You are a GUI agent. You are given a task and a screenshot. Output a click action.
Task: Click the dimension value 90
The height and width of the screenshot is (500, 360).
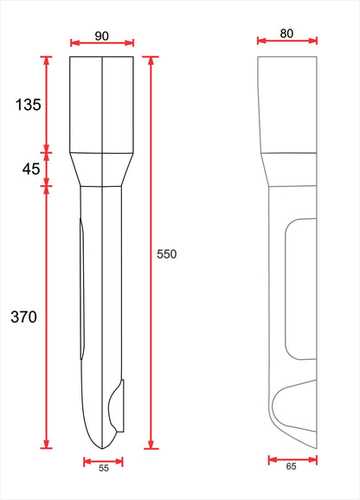101,35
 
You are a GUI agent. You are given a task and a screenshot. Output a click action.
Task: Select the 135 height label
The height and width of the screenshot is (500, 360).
29,105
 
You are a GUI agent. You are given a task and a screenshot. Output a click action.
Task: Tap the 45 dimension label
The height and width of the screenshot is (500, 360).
30,169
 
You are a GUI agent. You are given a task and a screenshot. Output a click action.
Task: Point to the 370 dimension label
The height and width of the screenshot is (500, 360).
23,317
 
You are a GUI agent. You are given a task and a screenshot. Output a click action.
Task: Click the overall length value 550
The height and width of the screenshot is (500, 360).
167,254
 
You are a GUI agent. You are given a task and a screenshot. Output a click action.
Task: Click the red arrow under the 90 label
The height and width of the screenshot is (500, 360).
101,42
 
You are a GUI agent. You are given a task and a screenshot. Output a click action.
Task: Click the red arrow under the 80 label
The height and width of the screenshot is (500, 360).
287,41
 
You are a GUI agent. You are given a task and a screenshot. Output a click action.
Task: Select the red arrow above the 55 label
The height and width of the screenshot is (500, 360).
102,461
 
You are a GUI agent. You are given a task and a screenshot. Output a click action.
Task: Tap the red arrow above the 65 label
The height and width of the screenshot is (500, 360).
292,460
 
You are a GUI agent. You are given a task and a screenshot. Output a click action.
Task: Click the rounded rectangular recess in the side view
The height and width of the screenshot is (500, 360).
299,289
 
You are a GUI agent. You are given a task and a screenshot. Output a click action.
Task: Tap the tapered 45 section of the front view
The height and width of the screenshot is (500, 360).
101,170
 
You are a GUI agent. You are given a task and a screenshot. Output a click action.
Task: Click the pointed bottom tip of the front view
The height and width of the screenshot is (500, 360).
102,446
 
